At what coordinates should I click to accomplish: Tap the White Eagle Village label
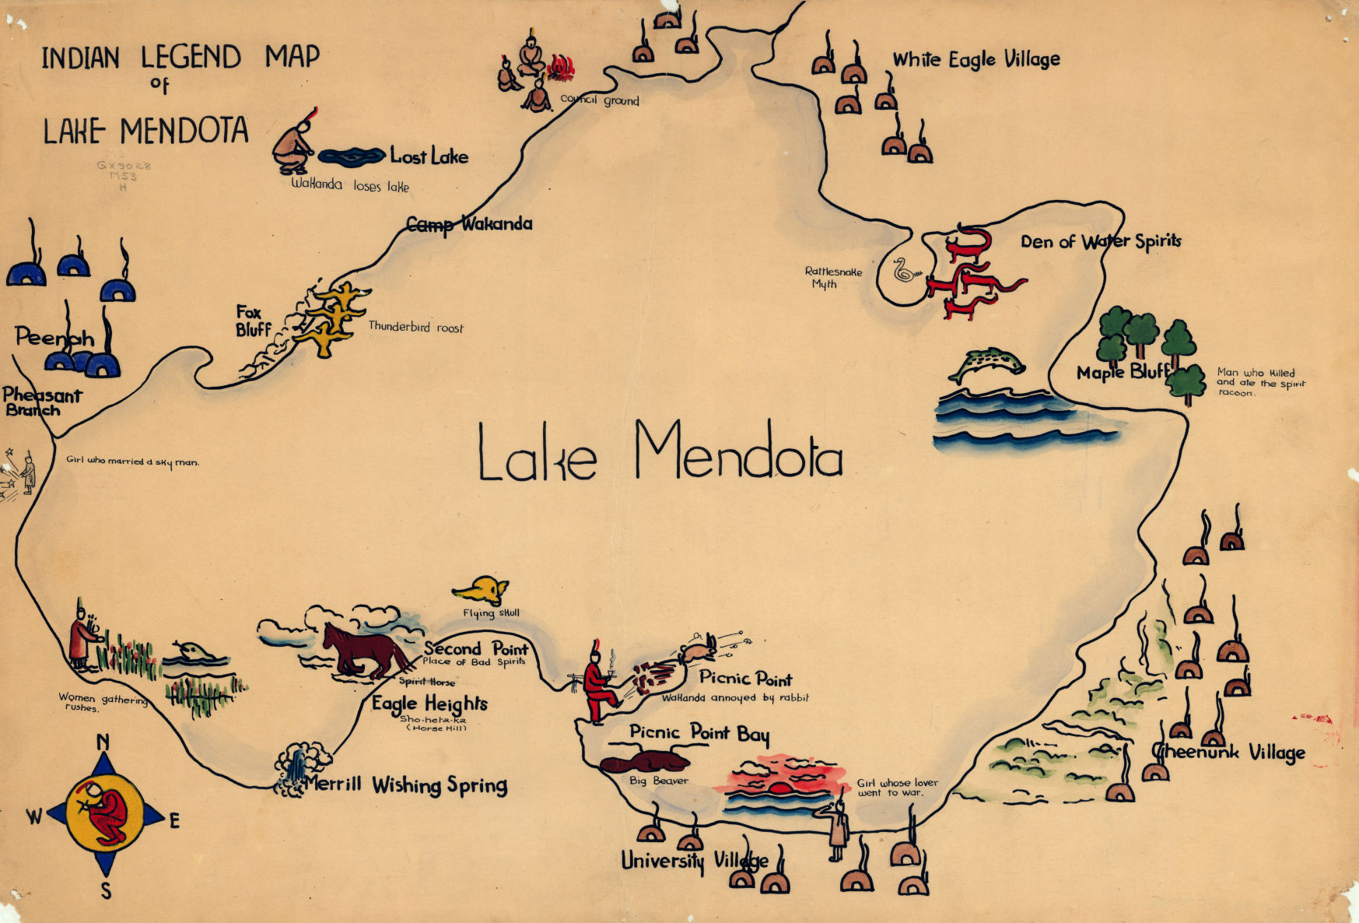click(x=976, y=59)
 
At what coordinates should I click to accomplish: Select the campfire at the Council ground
click(x=561, y=68)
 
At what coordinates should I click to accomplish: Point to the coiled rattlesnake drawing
click(x=905, y=272)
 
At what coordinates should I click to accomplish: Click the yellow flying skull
click(x=481, y=591)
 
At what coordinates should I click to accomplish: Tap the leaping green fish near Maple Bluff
click(x=986, y=363)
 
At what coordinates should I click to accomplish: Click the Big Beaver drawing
click(x=644, y=761)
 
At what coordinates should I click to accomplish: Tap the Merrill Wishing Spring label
click(x=405, y=784)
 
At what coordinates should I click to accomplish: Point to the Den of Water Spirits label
click(x=1100, y=241)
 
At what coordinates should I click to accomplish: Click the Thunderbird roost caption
click(x=415, y=328)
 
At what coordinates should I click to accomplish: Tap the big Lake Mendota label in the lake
click(x=660, y=454)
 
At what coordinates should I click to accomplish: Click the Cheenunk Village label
click(x=1229, y=753)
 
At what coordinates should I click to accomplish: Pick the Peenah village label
click(x=54, y=338)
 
